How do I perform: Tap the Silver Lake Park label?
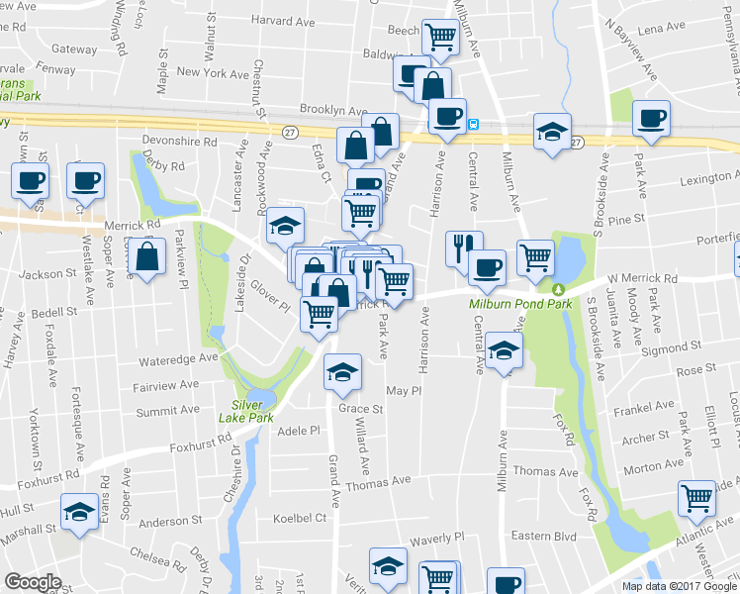tap(244, 412)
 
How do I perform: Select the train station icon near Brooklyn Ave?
tap(475, 124)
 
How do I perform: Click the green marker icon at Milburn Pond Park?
tap(558, 289)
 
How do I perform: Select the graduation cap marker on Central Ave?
tap(505, 350)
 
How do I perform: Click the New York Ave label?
tap(213, 73)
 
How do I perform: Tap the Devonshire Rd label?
tap(179, 142)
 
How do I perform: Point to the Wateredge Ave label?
tap(178, 356)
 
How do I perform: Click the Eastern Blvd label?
tap(543, 536)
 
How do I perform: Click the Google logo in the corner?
tap(34, 581)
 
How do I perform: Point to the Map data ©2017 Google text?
tap(678, 585)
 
